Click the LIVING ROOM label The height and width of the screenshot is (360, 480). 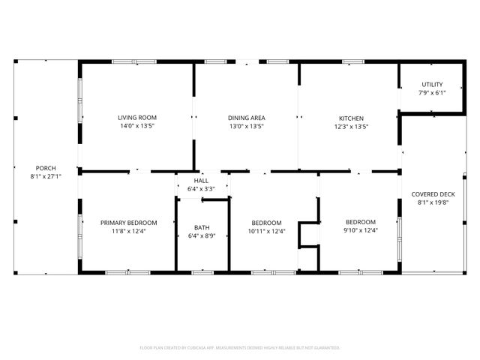click(136, 118)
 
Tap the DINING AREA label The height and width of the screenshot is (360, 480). click(247, 118)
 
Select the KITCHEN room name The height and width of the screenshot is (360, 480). click(351, 118)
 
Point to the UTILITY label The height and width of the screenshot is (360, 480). click(432, 84)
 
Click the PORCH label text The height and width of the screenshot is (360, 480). click(46, 168)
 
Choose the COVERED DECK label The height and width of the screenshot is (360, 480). click(432, 194)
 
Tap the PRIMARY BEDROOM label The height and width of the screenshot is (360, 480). click(129, 223)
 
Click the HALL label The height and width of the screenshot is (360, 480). click(202, 181)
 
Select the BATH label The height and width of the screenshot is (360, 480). click(202, 227)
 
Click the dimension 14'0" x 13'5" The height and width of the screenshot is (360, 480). click(136, 127)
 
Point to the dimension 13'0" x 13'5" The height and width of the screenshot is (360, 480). click(247, 127)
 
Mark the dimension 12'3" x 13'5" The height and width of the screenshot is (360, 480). click(351, 127)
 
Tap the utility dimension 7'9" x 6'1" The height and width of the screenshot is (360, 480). click(432, 93)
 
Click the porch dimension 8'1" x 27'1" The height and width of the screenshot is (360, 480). click(46, 177)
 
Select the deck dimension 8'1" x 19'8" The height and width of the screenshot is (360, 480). click(432, 203)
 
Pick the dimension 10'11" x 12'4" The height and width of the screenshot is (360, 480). click(266, 232)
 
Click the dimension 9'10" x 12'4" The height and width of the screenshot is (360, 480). click(361, 231)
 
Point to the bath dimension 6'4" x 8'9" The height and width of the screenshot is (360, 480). click(202, 236)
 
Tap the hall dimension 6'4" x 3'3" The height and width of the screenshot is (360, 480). click(202, 189)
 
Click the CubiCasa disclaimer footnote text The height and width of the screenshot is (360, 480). click(240, 348)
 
